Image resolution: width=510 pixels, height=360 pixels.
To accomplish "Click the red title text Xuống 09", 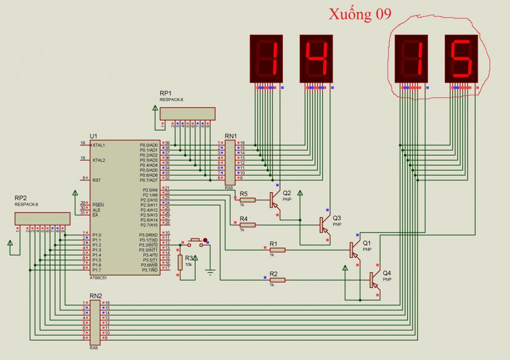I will pyautogui.click(x=360, y=14).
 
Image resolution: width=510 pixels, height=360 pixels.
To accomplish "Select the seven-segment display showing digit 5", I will pyautogui.click(x=461, y=58).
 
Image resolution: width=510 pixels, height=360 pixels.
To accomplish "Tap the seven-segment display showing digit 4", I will pyautogui.click(x=316, y=58).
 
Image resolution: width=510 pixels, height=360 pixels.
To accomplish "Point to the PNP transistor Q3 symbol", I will pyautogui.click(x=324, y=225).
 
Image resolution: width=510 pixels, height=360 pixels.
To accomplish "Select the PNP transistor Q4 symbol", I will pyautogui.click(x=373, y=280).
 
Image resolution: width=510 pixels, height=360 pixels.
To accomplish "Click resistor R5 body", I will pyautogui.click(x=248, y=200).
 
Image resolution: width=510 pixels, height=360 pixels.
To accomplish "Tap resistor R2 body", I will pyautogui.click(x=277, y=280).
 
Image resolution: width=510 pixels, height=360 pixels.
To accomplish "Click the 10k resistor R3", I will pyautogui.click(x=180, y=262).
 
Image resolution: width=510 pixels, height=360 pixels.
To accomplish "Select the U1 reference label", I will pyautogui.click(x=94, y=136).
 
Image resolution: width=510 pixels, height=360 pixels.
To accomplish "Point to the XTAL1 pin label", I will pyautogui.click(x=98, y=145).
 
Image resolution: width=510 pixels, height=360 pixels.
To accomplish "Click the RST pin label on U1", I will pyautogui.click(x=96, y=180).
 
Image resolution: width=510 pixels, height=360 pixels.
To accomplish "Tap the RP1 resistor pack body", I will pyautogui.click(x=187, y=114).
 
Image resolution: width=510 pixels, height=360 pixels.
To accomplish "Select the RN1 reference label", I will pyautogui.click(x=231, y=135).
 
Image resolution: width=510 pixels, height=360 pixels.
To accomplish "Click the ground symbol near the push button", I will pyautogui.click(x=210, y=272).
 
